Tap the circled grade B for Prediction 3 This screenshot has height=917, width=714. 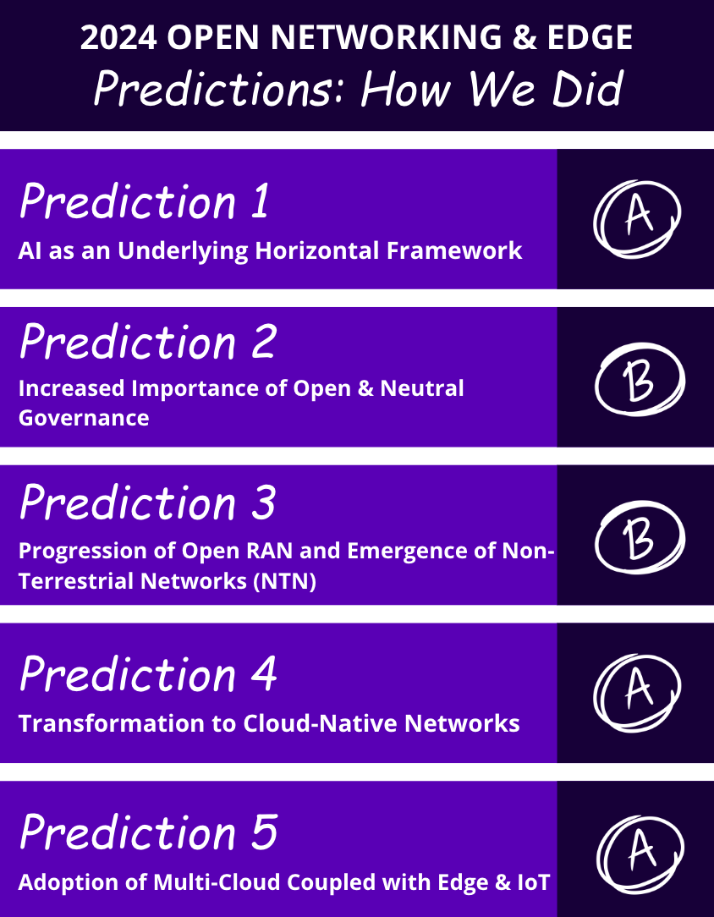pyautogui.click(x=639, y=536)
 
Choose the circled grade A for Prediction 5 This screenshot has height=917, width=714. pyautogui.click(x=639, y=851)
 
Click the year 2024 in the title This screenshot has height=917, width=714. pyautogui.click(x=118, y=38)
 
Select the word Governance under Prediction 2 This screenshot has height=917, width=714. pyautogui.click(x=84, y=418)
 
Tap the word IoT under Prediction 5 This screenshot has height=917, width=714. pyautogui.click(x=534, y=883)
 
